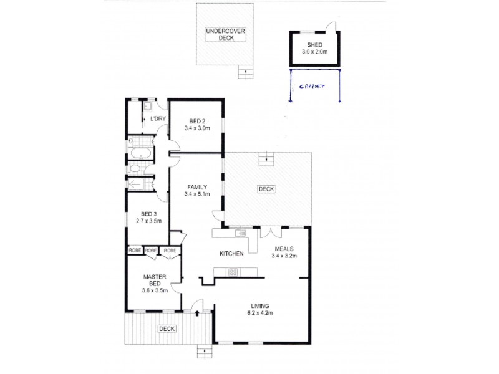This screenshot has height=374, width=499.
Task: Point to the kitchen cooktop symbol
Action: click(233, 271)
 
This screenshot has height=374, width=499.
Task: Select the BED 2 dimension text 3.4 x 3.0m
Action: click(198, 128)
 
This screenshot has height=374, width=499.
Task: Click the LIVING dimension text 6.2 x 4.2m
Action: click(260, 313)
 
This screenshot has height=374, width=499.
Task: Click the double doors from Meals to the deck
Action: click(269, 232)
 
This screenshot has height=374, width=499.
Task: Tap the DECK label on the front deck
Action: click(166, 328)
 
